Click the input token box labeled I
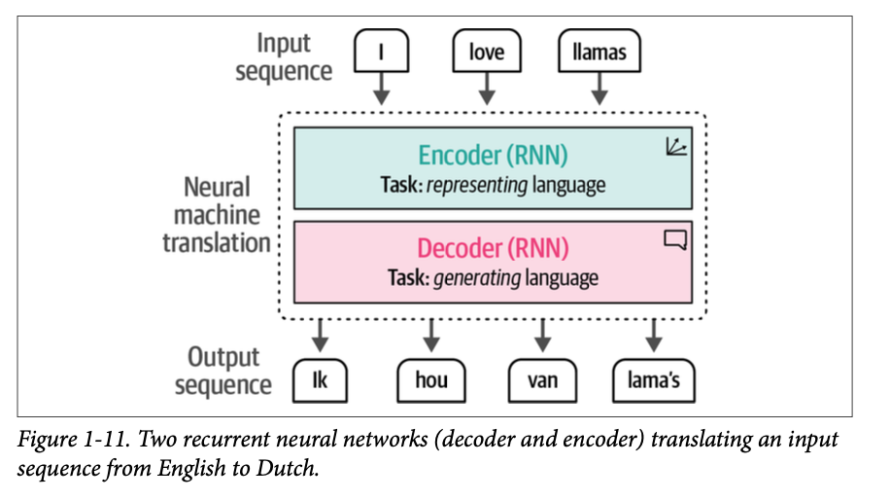click(x=381, y=51)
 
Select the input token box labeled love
click(x=486, y=51)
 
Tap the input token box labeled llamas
click(x=599, y=52)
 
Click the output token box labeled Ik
click(x=320, y=380)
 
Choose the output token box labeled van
click(x=541, y=380)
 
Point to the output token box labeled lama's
click(x=653, y=380)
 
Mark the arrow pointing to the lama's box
click(x=653, y=338)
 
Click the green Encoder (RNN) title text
click(x=493, y=156)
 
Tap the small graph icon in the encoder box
click(x=675, y=147)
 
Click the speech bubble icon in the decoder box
click(x=674, y=239)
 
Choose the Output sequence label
click(x=224, y=371)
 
